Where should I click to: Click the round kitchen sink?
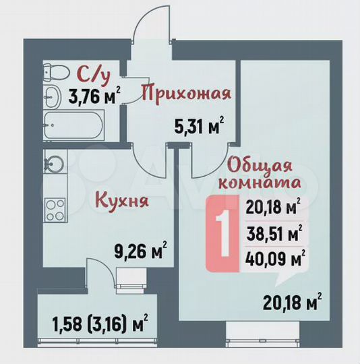point(54,162)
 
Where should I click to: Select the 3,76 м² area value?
point(91,96)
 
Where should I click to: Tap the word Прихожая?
point(186,93)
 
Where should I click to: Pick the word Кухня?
point(121,200)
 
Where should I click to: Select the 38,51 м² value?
point(275,235)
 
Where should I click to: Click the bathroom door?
point(121,107)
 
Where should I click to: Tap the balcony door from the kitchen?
point(101,276)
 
